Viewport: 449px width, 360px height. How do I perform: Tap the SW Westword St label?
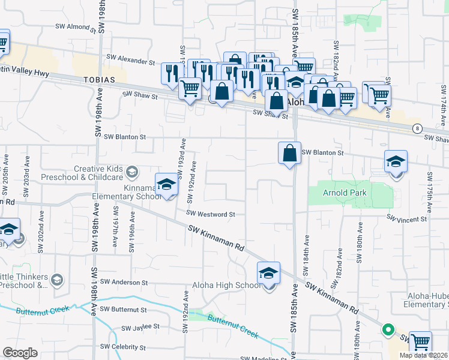click(210, 214)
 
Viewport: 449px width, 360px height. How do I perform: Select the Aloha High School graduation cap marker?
click(268, 273)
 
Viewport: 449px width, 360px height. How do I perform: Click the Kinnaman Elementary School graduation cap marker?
click(167, 184)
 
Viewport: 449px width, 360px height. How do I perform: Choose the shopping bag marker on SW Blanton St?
click(289, 153)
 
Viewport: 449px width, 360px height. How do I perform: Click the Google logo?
click(19, 353)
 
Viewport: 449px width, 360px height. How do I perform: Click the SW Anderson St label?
click(124, 282)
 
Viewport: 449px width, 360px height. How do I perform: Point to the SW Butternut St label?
click(123, 309)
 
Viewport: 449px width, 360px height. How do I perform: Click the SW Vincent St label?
click(406, 219)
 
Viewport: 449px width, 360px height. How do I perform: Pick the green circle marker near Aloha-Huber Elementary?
click(388, 329)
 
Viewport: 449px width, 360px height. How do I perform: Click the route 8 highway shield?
click(417, 128)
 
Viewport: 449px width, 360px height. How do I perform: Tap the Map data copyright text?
click(423, 355)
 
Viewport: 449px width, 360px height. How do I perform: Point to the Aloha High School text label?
click(226, 285)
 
